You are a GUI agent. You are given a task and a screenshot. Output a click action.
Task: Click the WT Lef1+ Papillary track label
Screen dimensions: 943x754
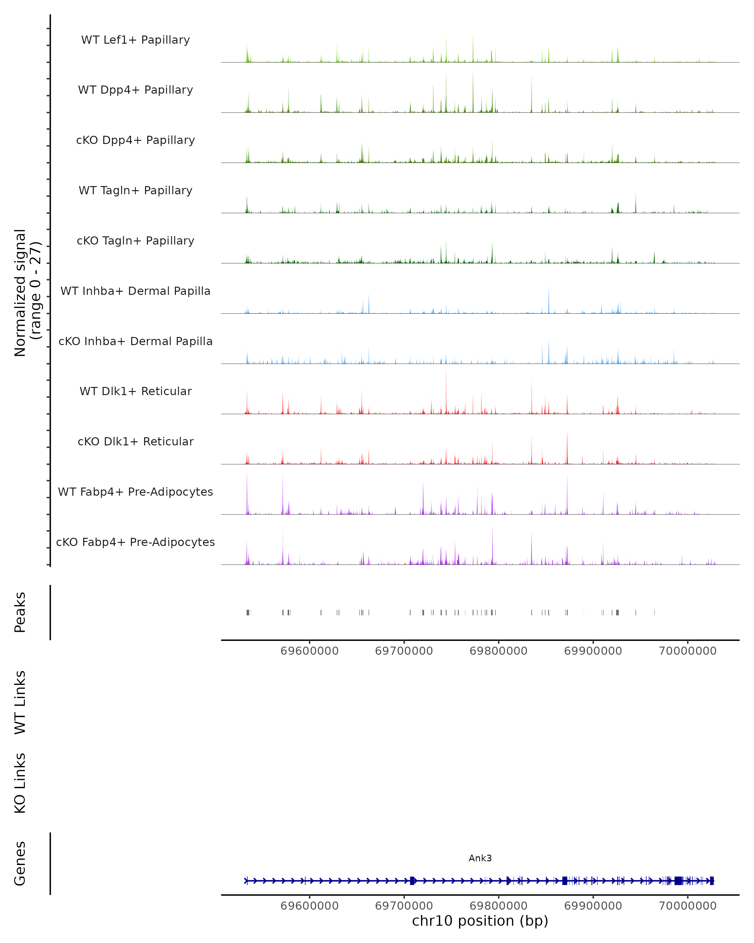135,40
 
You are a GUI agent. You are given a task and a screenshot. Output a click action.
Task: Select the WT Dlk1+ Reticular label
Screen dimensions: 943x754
135,391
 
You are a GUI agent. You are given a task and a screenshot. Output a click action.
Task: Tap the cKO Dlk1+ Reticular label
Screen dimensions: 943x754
135,441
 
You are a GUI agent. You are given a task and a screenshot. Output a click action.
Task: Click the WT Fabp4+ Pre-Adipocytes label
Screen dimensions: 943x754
135,492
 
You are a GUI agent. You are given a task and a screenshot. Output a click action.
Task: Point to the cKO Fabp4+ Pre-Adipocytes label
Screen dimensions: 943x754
135,542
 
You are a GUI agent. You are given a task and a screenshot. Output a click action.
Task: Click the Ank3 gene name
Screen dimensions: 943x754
480,858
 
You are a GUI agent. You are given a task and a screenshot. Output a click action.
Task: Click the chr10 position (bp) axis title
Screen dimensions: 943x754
480,921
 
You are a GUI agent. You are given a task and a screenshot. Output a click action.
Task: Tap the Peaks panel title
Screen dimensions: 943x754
20,612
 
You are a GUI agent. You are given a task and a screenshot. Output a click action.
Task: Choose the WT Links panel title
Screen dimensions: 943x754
20,702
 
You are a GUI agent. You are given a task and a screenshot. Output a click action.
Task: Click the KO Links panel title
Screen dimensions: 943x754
20,783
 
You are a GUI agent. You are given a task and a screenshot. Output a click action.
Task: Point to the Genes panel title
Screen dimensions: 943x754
20,863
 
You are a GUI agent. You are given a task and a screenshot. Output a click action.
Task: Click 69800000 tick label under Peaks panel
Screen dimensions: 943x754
498,651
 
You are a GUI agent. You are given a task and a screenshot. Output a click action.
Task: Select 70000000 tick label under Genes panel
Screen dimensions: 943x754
688,906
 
